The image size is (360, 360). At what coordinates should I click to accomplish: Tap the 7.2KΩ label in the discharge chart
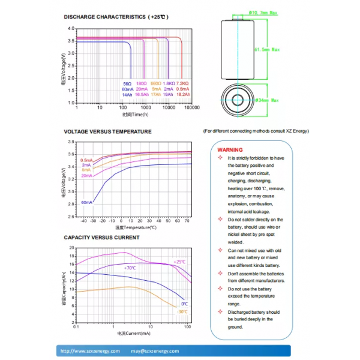[x=184, y=83]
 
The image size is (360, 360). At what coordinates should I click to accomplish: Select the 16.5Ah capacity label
[x=142, y=94]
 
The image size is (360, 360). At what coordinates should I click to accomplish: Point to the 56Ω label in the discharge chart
[x=127, y=83]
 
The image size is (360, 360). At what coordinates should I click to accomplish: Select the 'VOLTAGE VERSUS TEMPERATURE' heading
[x=107, y=131]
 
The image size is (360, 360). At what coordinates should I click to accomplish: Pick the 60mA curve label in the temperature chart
[x=87, y=202]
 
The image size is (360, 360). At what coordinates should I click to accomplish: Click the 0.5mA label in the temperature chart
[x=87, y=160]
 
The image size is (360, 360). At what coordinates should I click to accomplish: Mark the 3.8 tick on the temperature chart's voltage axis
[x=71, y=142]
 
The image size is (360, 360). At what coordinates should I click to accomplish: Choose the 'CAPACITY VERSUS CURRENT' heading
[x=101, y=238]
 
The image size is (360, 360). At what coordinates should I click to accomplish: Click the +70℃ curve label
[x=130, y=268]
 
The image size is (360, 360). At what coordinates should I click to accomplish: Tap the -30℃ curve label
[x=182, y=311]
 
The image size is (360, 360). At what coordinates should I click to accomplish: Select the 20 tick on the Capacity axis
[x=71, y=247]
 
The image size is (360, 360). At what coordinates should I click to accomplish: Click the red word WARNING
[x=230, y=149]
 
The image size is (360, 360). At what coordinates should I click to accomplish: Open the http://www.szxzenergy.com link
[x=91, y=351]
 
